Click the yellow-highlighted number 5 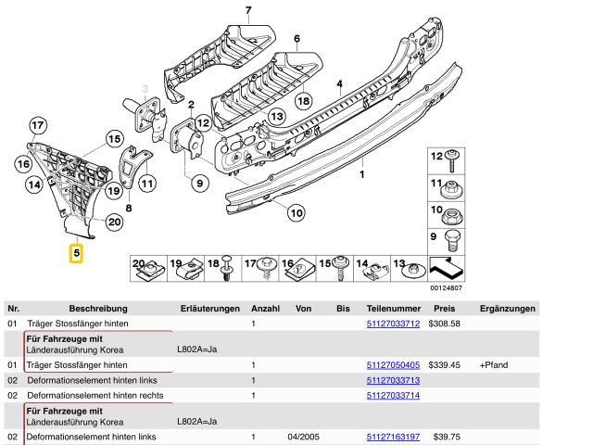tap(76, 252)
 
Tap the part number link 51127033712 tap(393, 324)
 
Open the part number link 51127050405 tap(393, 365)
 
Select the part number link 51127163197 tap(393, 436)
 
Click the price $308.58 tap(444, 324)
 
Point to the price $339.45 tap(444, 365)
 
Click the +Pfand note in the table tap(494, 365)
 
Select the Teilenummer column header tap(393, 308)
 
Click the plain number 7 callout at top tap(248, 10)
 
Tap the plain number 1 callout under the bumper tap(362, 173)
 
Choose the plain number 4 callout tap(339, 84)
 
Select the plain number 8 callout tap(128, 209)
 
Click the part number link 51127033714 tap(393, 395)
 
